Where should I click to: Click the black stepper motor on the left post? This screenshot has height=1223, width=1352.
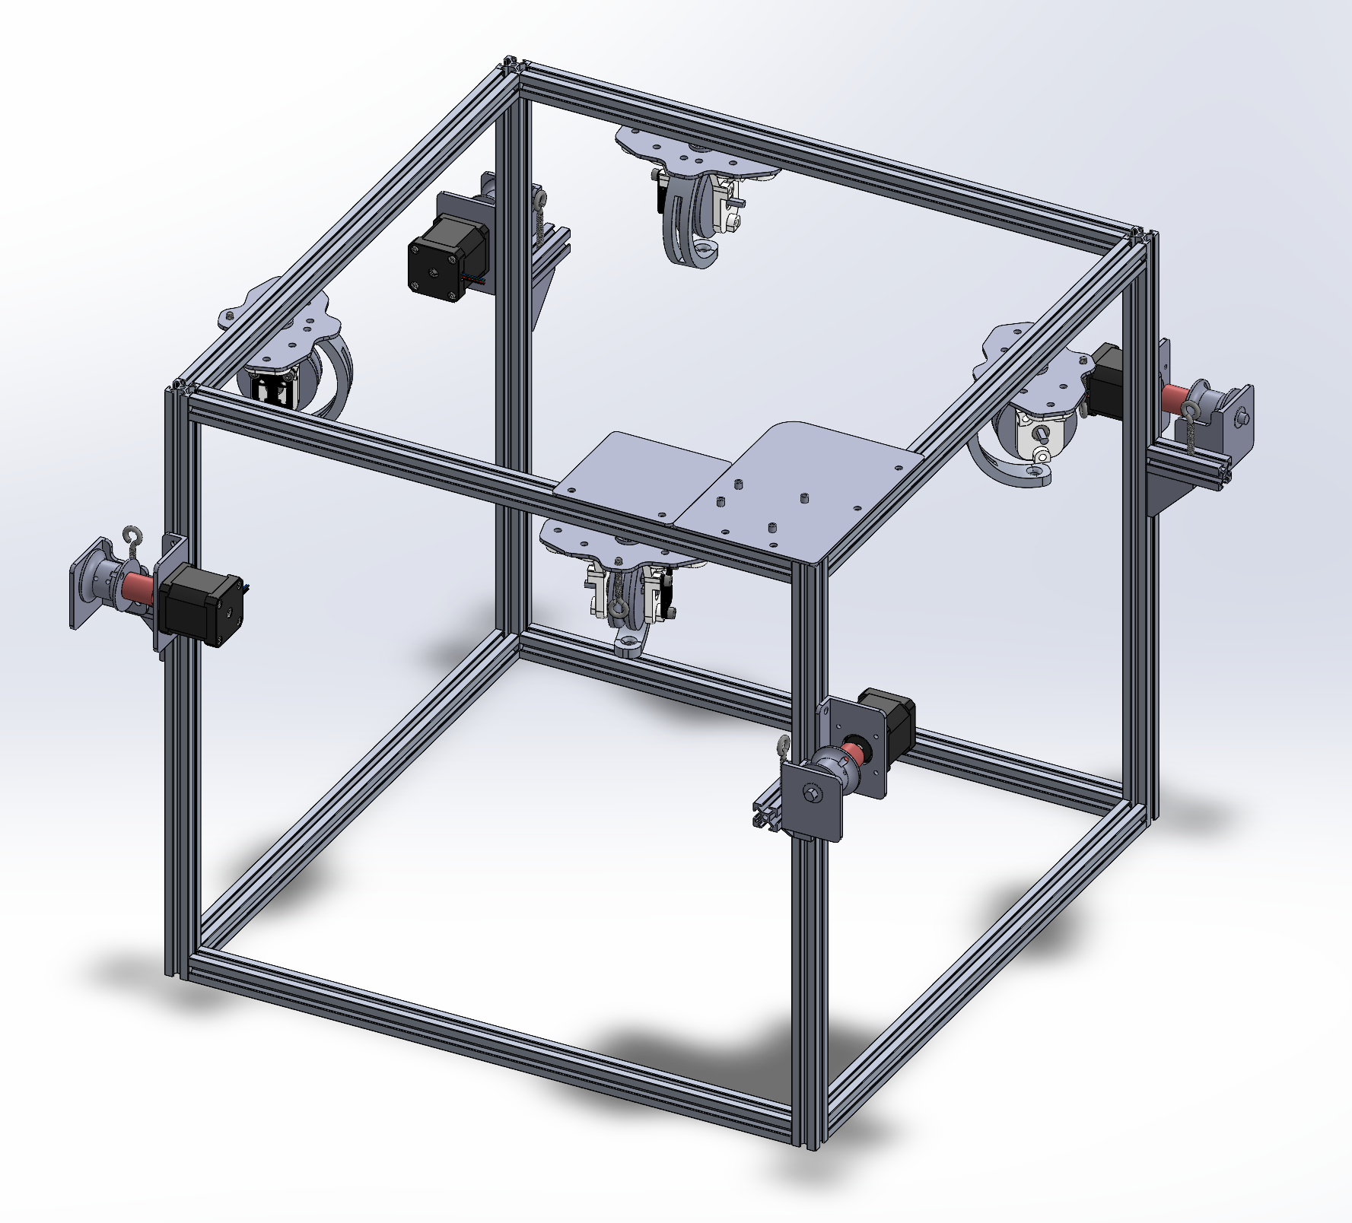coord(199,605)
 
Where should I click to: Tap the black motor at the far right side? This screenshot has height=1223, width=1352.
coord(1108,380)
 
